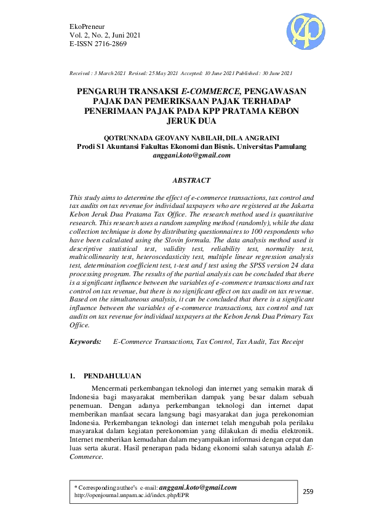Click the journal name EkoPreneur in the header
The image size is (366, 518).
coord(89,26)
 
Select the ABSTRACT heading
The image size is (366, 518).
coord(191,180)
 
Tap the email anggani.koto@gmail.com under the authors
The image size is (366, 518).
coord(191,156)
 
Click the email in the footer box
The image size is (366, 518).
coord(197,487)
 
